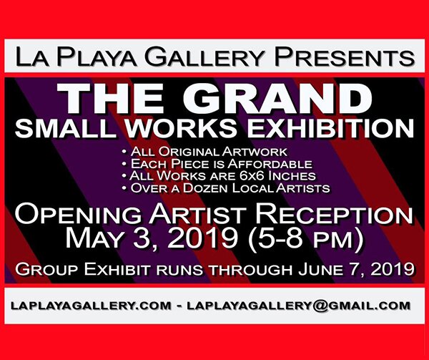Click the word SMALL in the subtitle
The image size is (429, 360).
[66, 128]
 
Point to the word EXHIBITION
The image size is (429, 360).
[330, 128]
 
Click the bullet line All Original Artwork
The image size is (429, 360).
[204, 152]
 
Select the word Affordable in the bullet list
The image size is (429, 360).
[270, 164]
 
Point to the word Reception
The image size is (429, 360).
[334, 214]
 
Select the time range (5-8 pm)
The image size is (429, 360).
[305, 239]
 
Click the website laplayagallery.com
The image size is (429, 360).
[91, 306]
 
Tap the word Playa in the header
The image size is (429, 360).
[96, 57]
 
